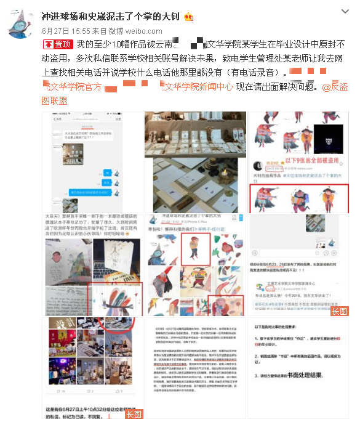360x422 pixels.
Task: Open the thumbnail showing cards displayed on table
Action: (x=194, y=162)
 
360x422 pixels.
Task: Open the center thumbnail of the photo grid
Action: (x=194, y=265)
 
